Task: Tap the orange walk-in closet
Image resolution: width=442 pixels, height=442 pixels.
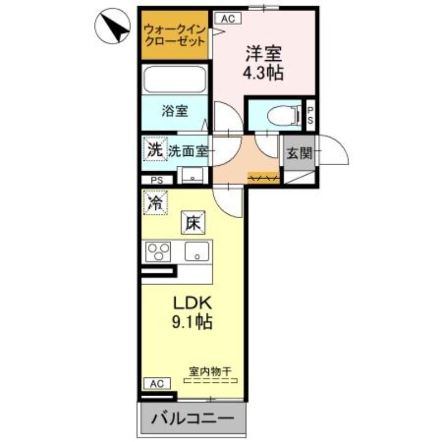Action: [174, 35]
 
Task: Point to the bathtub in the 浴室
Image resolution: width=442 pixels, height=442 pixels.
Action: [174, 79]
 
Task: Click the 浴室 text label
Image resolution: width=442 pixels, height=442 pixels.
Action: [175, 111]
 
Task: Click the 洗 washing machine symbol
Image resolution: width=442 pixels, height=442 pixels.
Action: [155, 149]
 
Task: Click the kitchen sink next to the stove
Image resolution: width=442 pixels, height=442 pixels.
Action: [197, 252]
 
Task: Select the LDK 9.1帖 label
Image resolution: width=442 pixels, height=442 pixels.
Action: [193, 313]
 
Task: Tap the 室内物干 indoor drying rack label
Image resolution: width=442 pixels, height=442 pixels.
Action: [210, 373]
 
